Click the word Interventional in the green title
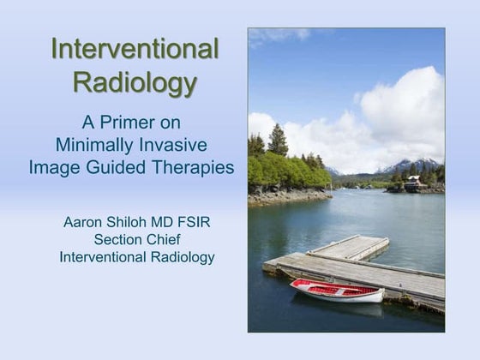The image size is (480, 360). pyautogui.click(x=135, y=49)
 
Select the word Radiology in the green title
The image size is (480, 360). pyautogui.click(x=135, y=83)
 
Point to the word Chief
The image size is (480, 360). pyautogui.click(x=162, y=240)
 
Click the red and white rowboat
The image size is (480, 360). pyautogui.click(x=336, y=291)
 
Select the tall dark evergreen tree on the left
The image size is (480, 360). pyautogui.click(x=278, y=141)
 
